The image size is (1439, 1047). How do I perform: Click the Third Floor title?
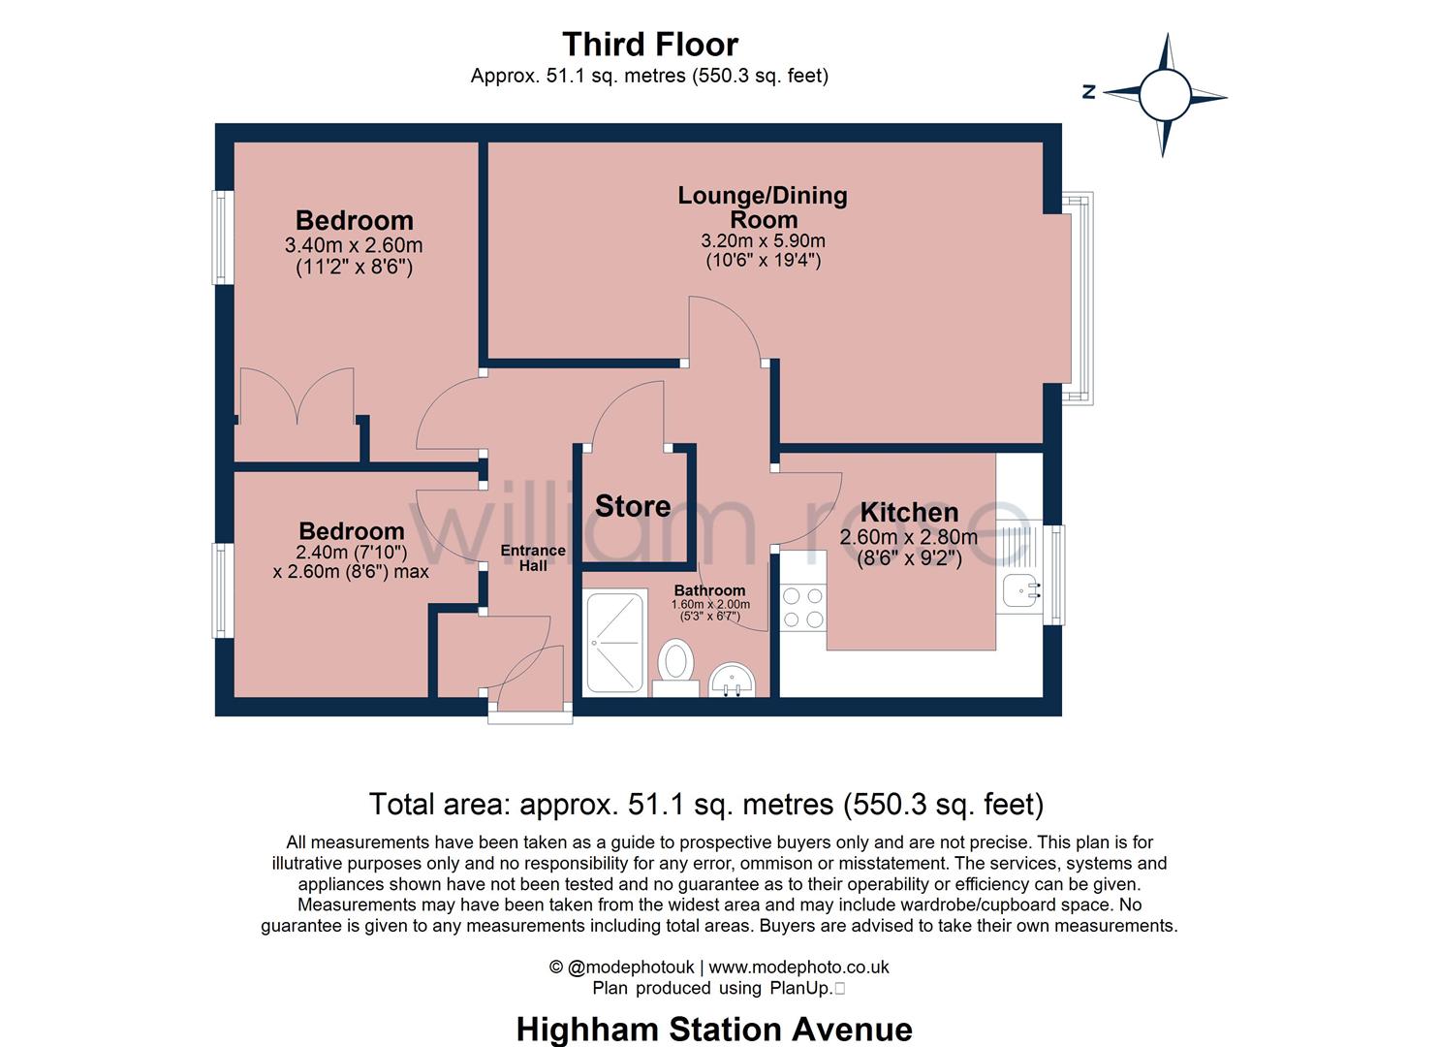click(649, 45)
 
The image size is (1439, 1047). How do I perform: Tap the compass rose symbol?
click(1164, 95)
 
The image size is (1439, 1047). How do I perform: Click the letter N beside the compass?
click(1089, 92)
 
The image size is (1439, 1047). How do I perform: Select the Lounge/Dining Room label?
click(763, 206)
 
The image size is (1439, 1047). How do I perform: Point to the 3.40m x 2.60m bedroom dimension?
click(354, 246)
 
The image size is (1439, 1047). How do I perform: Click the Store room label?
click(632, 506)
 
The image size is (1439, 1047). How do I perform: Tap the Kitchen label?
click(909, 512)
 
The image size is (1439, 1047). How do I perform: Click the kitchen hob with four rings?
click(802, 607)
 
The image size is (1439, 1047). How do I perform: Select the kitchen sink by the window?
click(1019, 589)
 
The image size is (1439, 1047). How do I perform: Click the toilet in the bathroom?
click(675, 664)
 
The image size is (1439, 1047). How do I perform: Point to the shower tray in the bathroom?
click(614, 641)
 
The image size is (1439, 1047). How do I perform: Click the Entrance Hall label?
click(532, 557)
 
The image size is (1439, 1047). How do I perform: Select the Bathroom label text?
click(709, 590)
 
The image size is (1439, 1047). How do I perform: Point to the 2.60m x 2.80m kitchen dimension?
click(908, 537)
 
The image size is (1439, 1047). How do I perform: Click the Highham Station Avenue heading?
click(714, 1029)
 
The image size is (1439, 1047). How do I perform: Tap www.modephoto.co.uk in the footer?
click(798, 967)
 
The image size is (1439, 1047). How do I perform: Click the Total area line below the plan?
click(705, 804)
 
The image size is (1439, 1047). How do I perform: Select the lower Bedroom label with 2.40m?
click(351, 531)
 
